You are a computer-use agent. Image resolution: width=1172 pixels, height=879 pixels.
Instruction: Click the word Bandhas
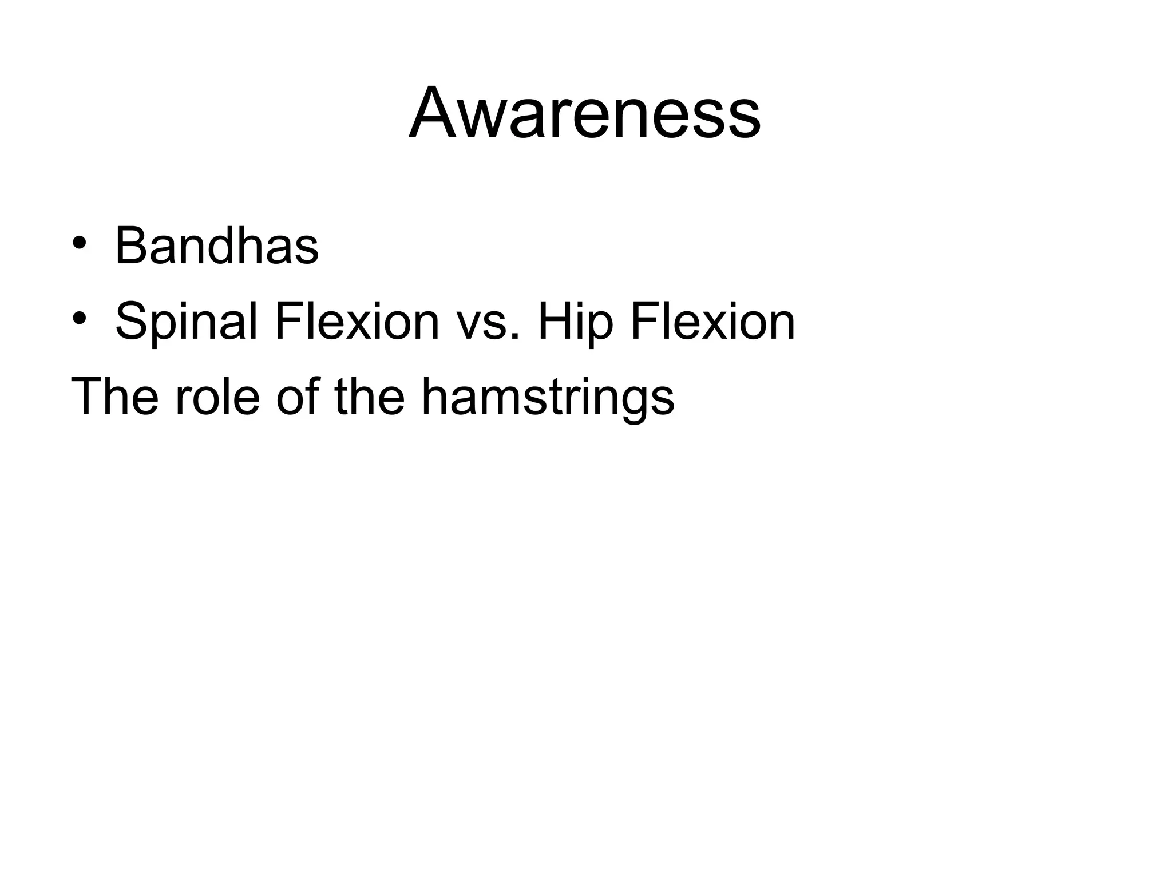pos(217,246)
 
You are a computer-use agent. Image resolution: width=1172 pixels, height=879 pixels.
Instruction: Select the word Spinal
pos(187,322)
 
